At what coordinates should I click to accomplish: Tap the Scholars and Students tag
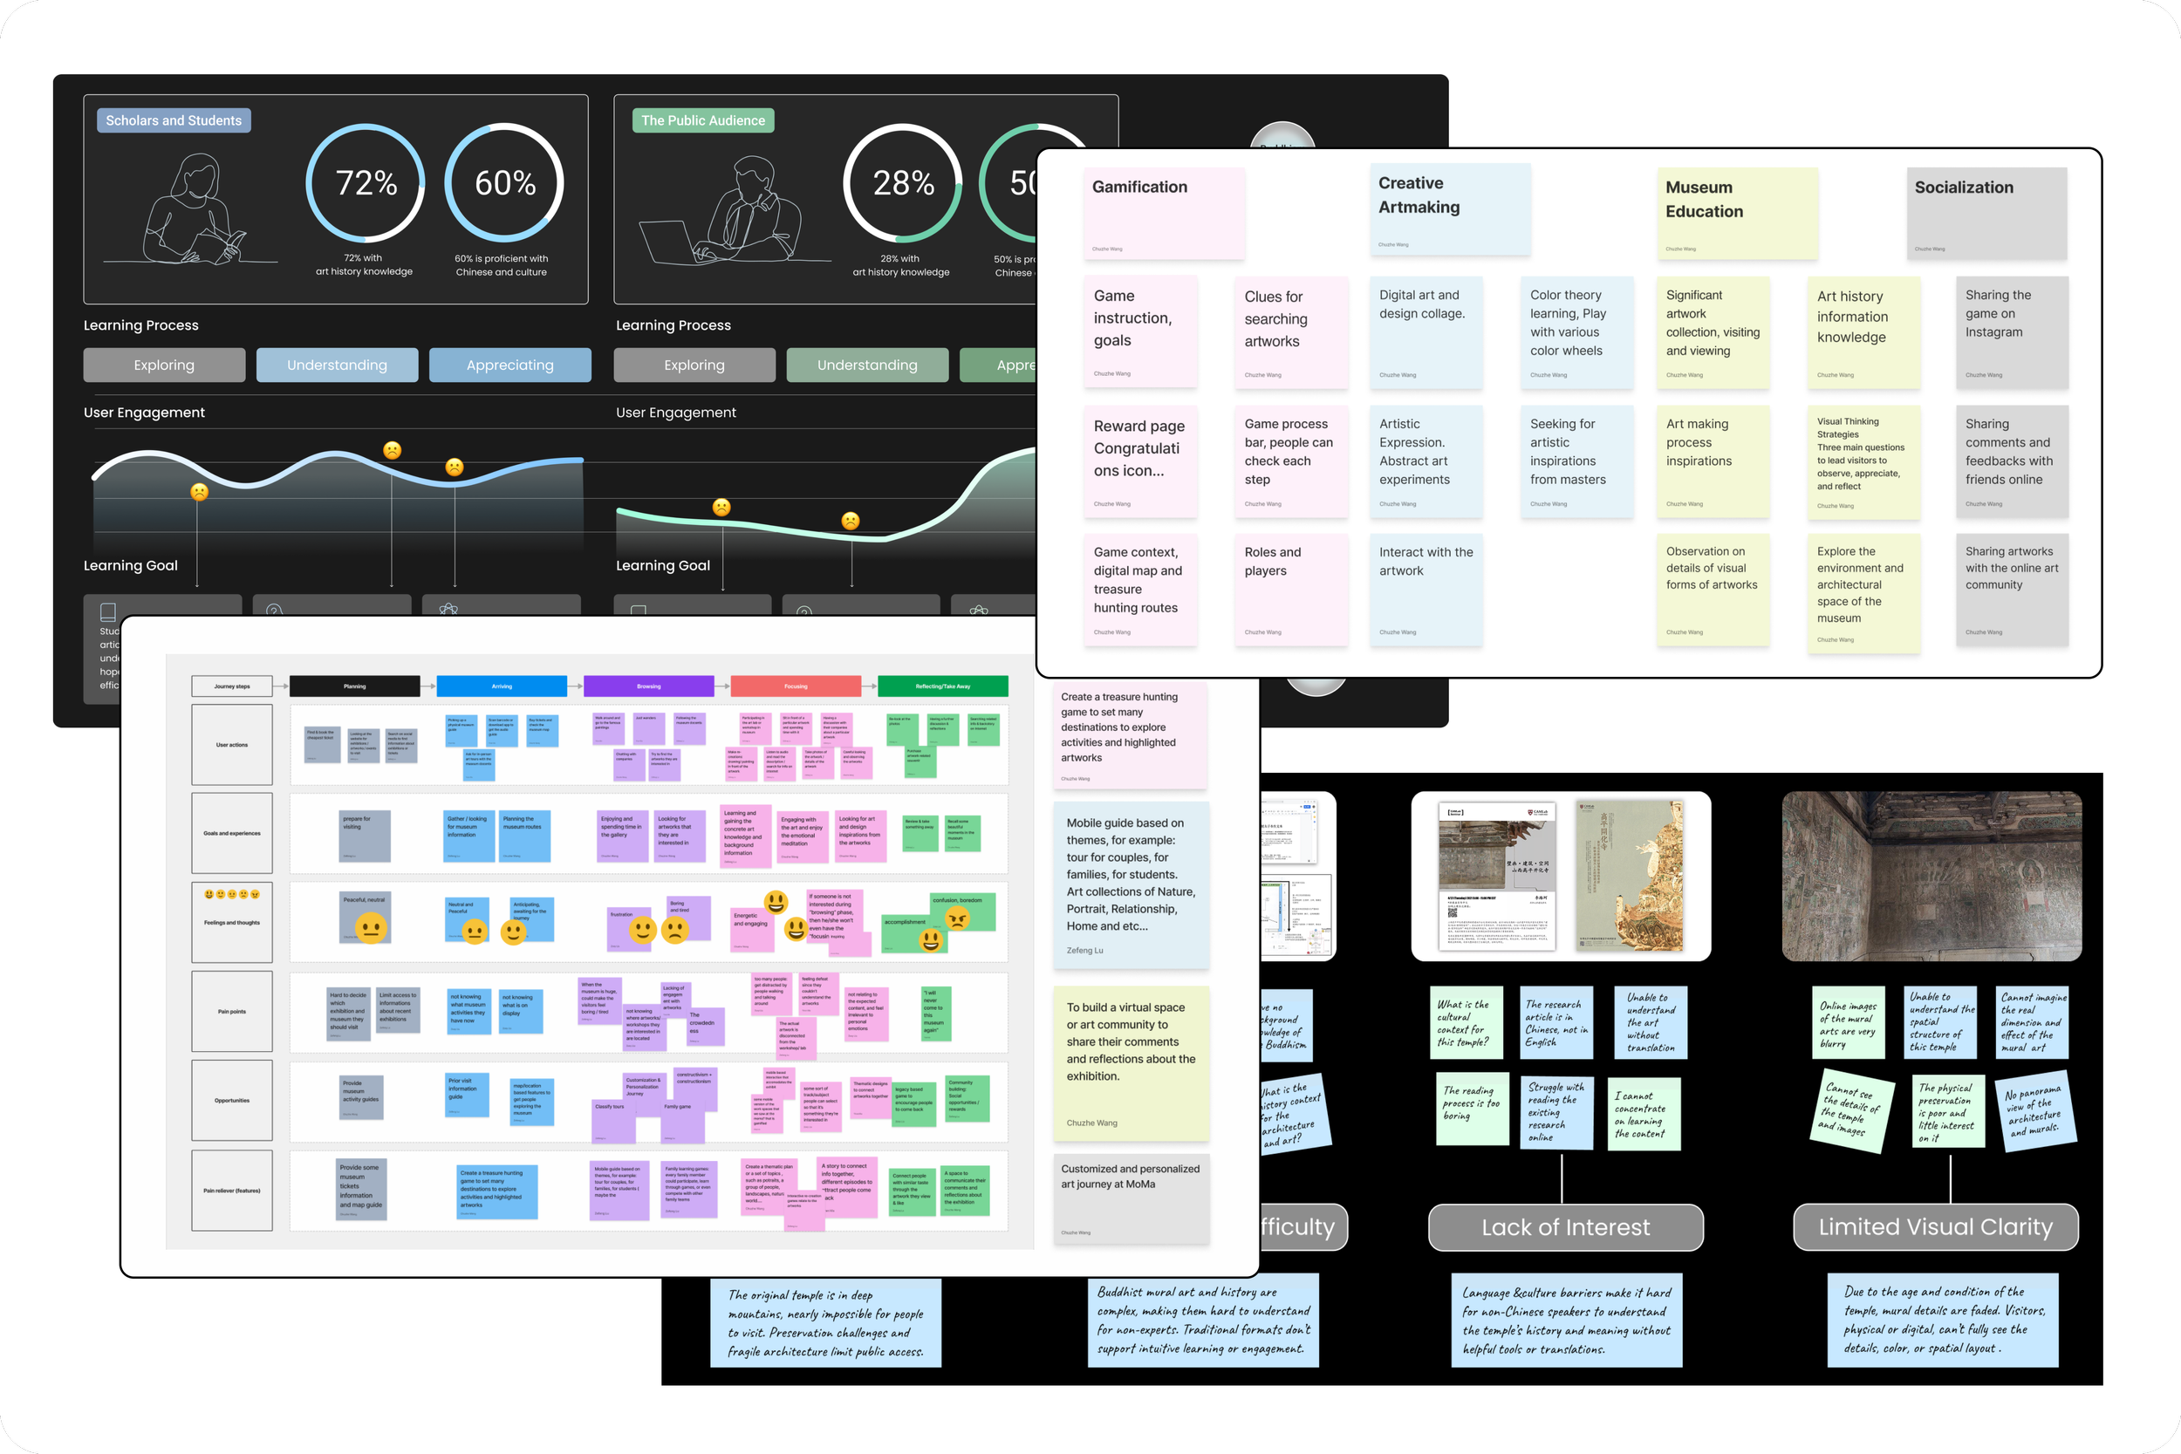[174, 120]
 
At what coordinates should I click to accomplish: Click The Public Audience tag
[703, 120]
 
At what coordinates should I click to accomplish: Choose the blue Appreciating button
[509, 365]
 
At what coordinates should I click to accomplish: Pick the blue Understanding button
[337, 365]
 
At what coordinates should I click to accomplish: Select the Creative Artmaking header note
[1449, 208]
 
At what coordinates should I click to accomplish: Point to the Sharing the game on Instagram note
[2011, 331]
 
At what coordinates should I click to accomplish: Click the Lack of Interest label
[1565, 1227]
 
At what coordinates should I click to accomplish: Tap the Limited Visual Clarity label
[1935, 1227]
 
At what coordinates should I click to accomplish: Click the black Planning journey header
[354, 686]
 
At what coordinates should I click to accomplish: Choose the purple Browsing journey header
[648, 686]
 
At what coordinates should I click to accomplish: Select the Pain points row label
[232, 1012]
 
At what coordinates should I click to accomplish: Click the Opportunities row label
[232, 1101]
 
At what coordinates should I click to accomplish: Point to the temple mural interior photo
[1931, 877]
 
